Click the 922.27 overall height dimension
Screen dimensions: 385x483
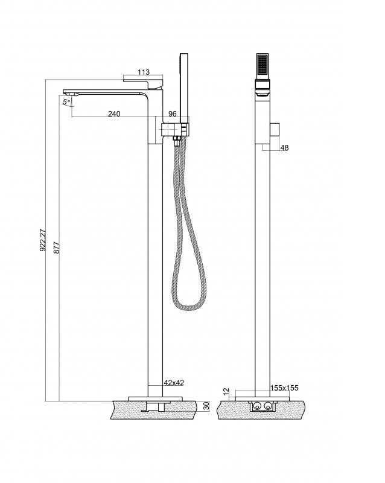[x=43, y=240]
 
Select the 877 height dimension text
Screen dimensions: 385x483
[x=57, y=248]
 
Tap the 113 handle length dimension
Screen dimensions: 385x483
[x=144, y=72]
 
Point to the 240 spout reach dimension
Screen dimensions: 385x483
[x=114, y=114]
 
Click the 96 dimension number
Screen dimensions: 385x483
[x=173, y=114]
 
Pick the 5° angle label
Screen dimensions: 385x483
[x=66, y=101]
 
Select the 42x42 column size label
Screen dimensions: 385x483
[x=174, y=383]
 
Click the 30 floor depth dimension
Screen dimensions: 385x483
[x=206, y=406]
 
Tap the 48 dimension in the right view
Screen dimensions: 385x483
[x=285, y=148]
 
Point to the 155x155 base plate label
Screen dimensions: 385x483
[x=284, y=388]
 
